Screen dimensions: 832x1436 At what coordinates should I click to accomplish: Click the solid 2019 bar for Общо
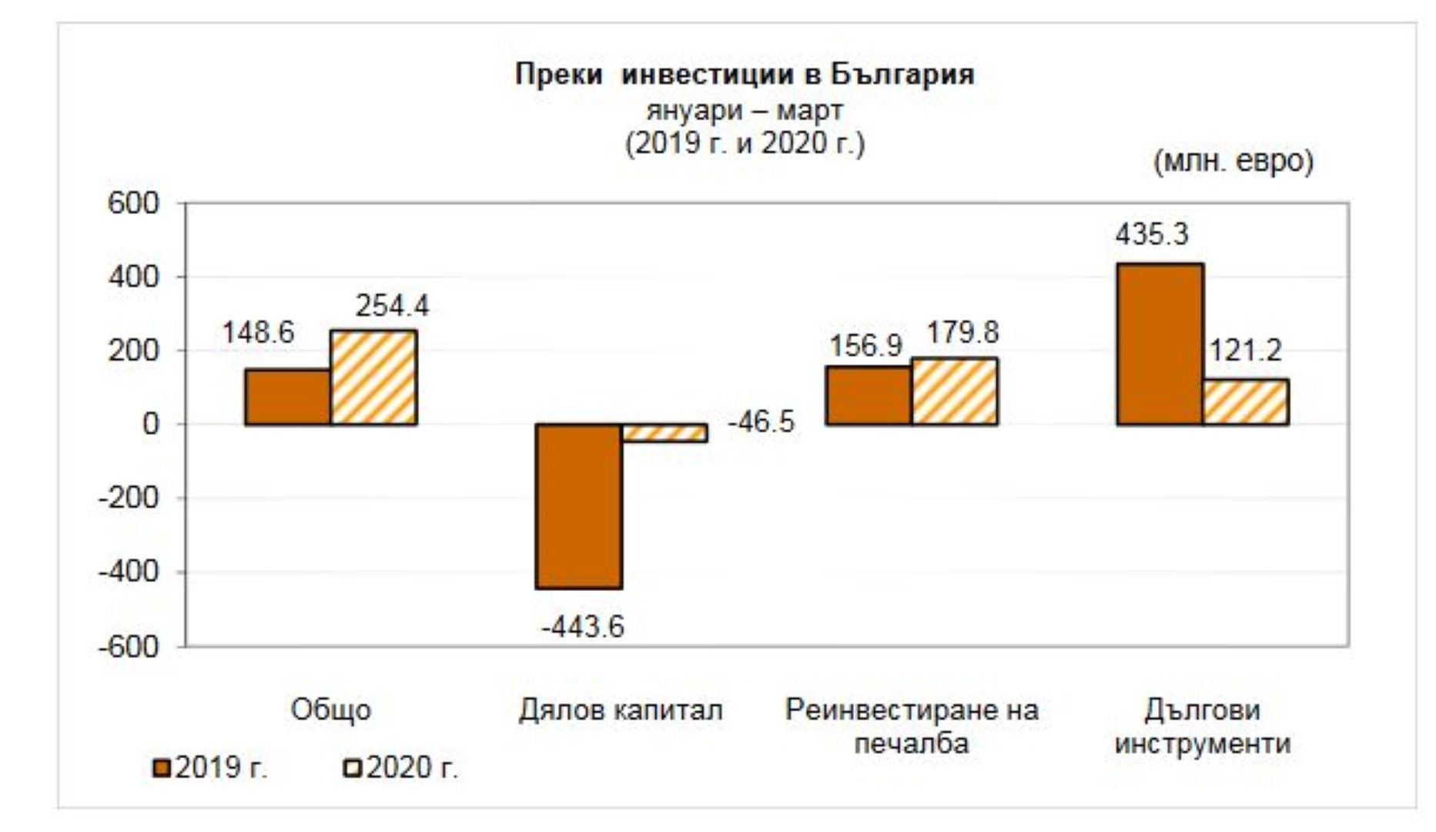pos(288,397)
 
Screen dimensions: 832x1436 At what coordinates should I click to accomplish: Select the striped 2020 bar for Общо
pos(373,377)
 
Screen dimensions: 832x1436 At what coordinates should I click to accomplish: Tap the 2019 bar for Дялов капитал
pos(579,506)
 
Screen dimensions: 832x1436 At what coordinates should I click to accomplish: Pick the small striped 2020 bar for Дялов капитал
pos(664,432)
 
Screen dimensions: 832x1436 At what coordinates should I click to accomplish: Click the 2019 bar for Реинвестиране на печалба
pos(869,395)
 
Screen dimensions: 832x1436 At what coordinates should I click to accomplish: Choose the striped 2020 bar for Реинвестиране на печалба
pos(955,391)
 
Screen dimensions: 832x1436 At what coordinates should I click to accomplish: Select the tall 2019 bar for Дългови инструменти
pos(1160,344)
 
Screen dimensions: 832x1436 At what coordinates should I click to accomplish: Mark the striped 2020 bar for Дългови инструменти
pos(1246,401)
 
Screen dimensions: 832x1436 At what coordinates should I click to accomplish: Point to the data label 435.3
pos(1152,234)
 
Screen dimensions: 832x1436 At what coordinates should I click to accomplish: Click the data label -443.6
pos(582,627)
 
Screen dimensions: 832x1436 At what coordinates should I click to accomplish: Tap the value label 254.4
pos(392,307)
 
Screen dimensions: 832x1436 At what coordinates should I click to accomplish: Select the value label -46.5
pos(761,422)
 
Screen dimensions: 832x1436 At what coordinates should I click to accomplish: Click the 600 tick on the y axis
pos(132,203)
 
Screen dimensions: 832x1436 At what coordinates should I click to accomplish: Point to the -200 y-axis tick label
pos(128,498)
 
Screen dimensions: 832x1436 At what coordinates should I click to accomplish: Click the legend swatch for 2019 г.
pos(162,768)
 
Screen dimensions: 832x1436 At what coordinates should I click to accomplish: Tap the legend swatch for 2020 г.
pos(352,768)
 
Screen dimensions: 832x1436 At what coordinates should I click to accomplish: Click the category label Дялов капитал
pos(621,710)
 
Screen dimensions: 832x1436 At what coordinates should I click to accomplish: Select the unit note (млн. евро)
pos(1233,162)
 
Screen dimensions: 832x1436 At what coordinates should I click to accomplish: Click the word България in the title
pos(902,75)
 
